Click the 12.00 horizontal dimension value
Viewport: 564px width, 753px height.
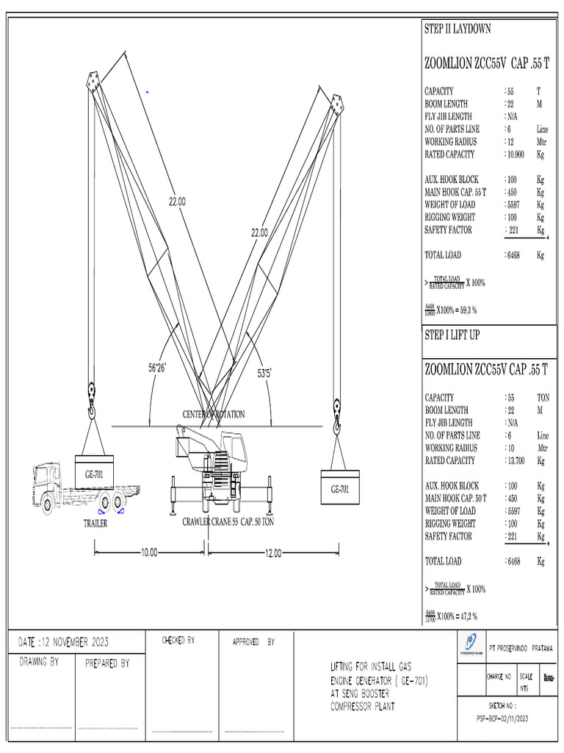coord(272,553)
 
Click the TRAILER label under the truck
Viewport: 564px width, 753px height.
coord(96,524)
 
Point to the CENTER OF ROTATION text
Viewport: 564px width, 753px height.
coord(214,415)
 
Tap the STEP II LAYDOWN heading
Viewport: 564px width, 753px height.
coord(458,29)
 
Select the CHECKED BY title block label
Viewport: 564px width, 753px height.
coord(178,640)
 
